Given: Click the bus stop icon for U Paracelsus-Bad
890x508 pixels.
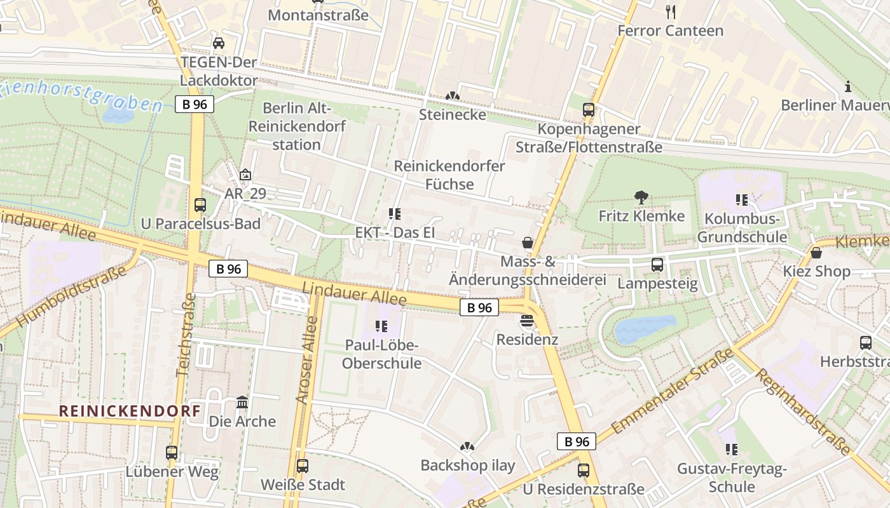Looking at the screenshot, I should coord(200,205).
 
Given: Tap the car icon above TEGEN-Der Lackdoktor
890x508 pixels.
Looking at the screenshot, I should coord(219,43).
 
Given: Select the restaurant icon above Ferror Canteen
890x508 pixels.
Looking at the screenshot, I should coord(670,11).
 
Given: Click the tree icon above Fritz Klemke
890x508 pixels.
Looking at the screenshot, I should coord(641,197).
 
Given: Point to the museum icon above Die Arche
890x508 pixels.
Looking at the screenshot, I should coord(242,403).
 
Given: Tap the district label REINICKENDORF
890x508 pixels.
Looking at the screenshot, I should coord(130,411).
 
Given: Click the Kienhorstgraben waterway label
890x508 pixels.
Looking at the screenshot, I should coord(83,95).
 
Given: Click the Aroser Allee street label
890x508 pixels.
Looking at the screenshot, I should coord(306,360).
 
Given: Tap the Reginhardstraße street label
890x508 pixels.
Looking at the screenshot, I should coord(802,411).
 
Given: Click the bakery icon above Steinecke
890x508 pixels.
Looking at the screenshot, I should coord(452,96).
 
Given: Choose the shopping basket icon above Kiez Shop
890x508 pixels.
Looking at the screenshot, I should coord(816,253).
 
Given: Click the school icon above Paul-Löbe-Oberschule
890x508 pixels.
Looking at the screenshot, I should coord(381,326).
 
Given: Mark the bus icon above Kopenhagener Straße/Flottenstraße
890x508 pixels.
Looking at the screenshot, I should coord(589,110).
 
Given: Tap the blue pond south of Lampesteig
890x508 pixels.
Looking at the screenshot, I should coord(645,328).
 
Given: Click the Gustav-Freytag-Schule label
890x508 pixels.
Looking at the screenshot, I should coord(732,478).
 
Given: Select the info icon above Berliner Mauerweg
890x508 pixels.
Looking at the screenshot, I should coord(847,86).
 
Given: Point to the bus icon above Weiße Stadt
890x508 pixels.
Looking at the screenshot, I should coord(303,465).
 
